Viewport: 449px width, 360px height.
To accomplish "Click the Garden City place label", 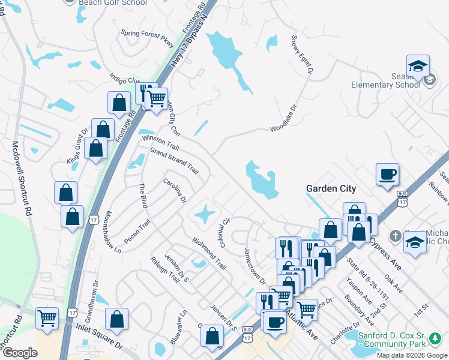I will click(331, 188).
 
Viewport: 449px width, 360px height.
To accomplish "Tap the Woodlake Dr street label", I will click(283, 120).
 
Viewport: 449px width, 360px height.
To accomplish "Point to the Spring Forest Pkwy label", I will click(147, 38).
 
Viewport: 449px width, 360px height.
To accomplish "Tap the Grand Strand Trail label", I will click(174, 160).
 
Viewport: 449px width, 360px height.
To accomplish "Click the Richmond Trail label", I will click(209, 252).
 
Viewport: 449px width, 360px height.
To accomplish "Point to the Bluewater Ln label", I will click(178, 325).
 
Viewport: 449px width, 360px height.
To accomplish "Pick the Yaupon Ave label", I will click(360, 290).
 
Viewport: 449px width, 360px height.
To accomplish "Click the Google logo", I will click(20, 353).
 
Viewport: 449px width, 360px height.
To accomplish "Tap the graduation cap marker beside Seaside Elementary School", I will click(418, 67).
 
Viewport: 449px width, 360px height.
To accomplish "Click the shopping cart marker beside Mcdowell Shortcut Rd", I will click(47, 318).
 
